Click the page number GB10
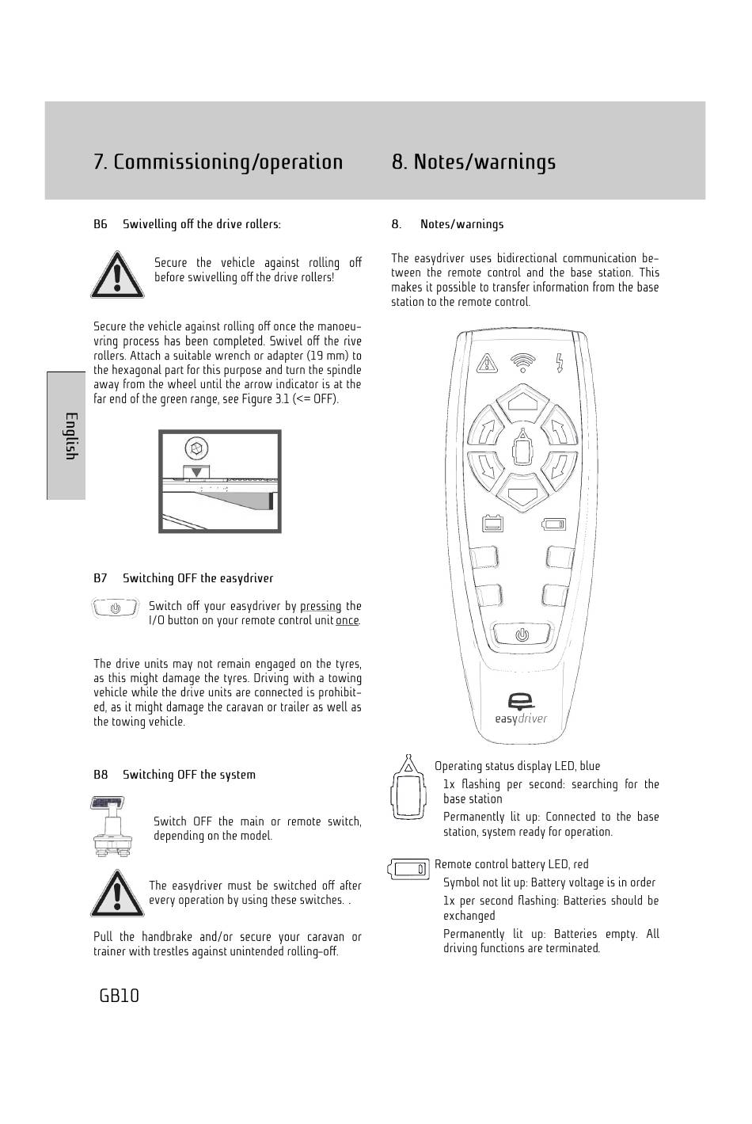pos(120,996)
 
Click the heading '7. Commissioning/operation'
pos(218,162)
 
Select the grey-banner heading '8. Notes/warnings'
pos(473,162)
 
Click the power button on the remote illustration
pos(521,634)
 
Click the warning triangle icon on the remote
pos(487,364)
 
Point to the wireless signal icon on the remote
pos(522,362)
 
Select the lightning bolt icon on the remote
pos(560,362)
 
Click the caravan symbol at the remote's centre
pos(522,451)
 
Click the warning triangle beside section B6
pos(117,274)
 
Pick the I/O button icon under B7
pos(116,608)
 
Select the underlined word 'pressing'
pos(321,606)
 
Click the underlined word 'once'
pos(347,620)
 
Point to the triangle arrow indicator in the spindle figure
pos(196,471)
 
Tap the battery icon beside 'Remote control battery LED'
pos(408,869)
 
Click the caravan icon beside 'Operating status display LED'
pos(408,788)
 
